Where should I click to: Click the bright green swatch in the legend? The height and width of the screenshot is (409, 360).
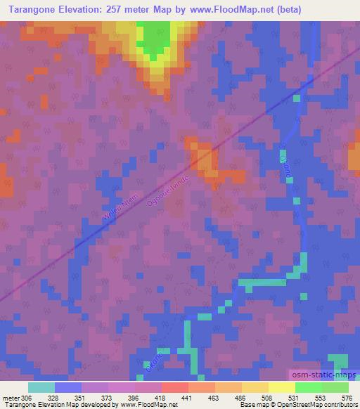(x=308, y=387)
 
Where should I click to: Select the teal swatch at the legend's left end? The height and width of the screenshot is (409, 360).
(x=41, y=387)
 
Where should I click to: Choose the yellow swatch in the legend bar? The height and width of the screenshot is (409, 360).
(x=281, y=387)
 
